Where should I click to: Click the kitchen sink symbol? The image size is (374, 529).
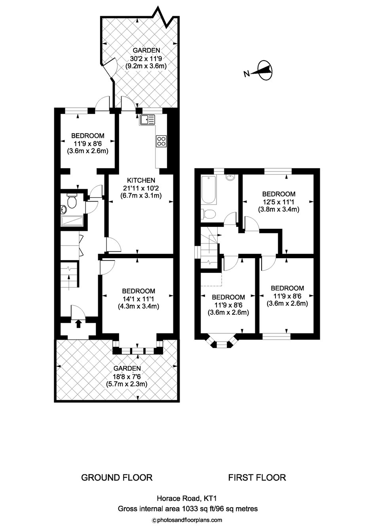pyautogui.click(x=147, y=120)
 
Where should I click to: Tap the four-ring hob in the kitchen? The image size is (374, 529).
pyautogui.click(x=161, y=141)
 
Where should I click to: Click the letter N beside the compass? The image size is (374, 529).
pyautogui.click(x=247, y=74)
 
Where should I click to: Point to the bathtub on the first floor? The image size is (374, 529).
pyautogui.click(x=209, y=190)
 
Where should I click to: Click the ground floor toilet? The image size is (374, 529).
pyautogui.click(x=71, y=201)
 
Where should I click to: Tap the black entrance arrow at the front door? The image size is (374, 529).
pyautogui.click(x=78, y=323)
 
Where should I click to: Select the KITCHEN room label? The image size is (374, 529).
pyautogui.click(x=141, y=181)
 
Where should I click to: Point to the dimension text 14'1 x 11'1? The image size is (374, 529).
pyautogui.click(x=138, y=299)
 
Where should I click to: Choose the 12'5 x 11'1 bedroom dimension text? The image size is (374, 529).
pyautogui.click(x=279, y=202)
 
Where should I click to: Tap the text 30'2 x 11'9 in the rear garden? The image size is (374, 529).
pyautogui.click(x=146, y=58)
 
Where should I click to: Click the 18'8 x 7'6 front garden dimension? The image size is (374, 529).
pyautogui.click(x=127, y=376)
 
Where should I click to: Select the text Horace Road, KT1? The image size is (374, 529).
pyautogui.click(x=187, y=499)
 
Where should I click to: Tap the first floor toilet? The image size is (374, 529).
pyautogui.click(x=208, y=214)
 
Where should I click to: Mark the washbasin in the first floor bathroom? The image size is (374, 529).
pyautogui.click(x=230, y=177)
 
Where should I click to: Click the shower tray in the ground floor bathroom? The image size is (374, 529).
pyautogui.click(x=72, y=221)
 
